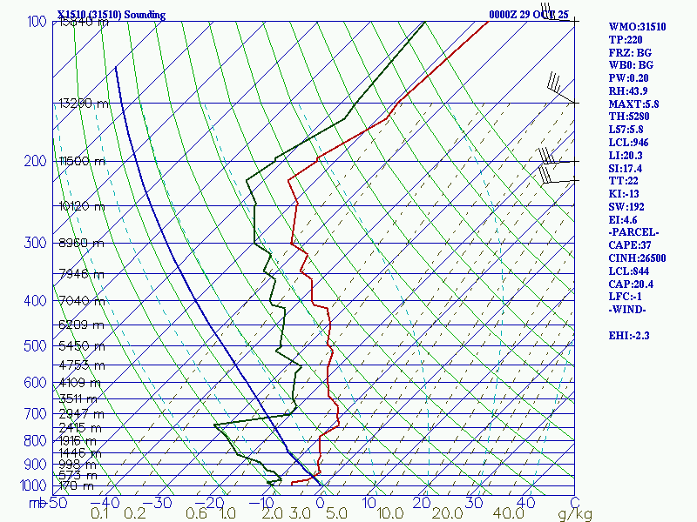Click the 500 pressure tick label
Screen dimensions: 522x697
pyautogui.click(x=36, y=346)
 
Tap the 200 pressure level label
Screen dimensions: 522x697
pyautogui.click(x=36, y=162)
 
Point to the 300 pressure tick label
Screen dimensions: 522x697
pyautogui.click(x=36, y=243)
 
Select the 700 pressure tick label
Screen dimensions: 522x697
pyautogui.click(x=36, y=413)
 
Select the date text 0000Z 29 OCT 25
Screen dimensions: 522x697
pyautogui.click(x=528, y=15)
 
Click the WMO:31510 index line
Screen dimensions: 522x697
pyautogui.click(x=637, y=27)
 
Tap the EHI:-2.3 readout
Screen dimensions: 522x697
pyautogui.click(x=631, y=335)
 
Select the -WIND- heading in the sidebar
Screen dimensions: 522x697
pyautogui.click(x=630, y=309)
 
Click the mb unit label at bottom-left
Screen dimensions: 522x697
pyautogui.click(x=37, y=503)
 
